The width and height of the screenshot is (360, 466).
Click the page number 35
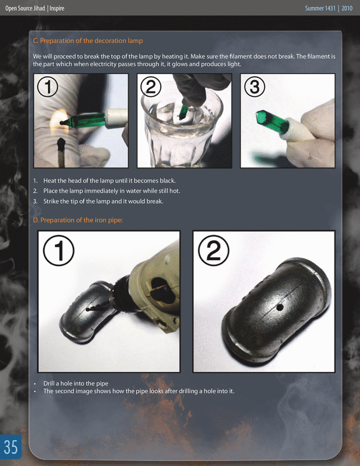(x=11, y=446)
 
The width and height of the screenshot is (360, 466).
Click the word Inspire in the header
(x=57, y=8)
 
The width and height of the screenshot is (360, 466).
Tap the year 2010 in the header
(x=347, y=8)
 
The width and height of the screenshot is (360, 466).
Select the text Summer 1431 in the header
(x=320, y=8)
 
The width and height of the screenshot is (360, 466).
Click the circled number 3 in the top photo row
(x=255, y=87)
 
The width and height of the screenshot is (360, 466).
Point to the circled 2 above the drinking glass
(x=151, y=87)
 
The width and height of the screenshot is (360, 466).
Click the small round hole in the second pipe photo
(x=279, y=308)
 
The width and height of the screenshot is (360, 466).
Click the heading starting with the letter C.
(x=88, y=41)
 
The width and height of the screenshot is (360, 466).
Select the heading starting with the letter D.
(x=78, y=220)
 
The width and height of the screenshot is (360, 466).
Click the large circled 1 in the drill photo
(x=59, y=250)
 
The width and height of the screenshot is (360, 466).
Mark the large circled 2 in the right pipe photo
(x=213, y=250)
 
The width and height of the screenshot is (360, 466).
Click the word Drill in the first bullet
(x=49, y=383)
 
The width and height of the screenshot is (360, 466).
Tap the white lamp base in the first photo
(x=117, y=118)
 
